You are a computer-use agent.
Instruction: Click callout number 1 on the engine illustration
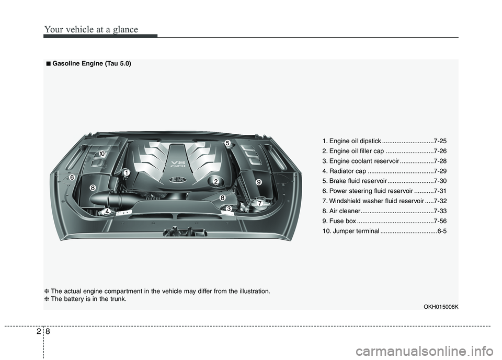pyautogui.click(x=127, y=172)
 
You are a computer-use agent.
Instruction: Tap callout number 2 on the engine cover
pyautogui.click(x=215, y=181)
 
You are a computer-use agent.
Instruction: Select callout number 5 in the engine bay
pyautogui.click(x=227, y=143)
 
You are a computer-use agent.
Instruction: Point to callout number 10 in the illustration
pyautogui.click(x=102, y=153)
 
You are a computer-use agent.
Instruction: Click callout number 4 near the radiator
pyautogui.click(x=107, y=212)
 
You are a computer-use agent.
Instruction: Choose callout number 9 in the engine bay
pyautogui.click(x=258, y=181)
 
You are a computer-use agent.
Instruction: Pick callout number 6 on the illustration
pyautogui.click(x=72, y=178)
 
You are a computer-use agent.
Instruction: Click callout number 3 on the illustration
pyautogui.click(x=229, y=209)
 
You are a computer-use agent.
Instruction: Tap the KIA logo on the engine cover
pyautogui.click(x=179, y=180)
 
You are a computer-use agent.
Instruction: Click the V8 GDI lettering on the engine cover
pyautogui.click(x=175, y=166)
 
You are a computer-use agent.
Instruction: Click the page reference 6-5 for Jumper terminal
pyautogui.click(x=442, y=231)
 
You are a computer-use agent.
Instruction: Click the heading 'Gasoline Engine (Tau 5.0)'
pyautogui.click(x=92, y=64)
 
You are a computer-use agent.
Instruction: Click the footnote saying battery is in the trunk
pyautogui.click(x=89, y=299)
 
